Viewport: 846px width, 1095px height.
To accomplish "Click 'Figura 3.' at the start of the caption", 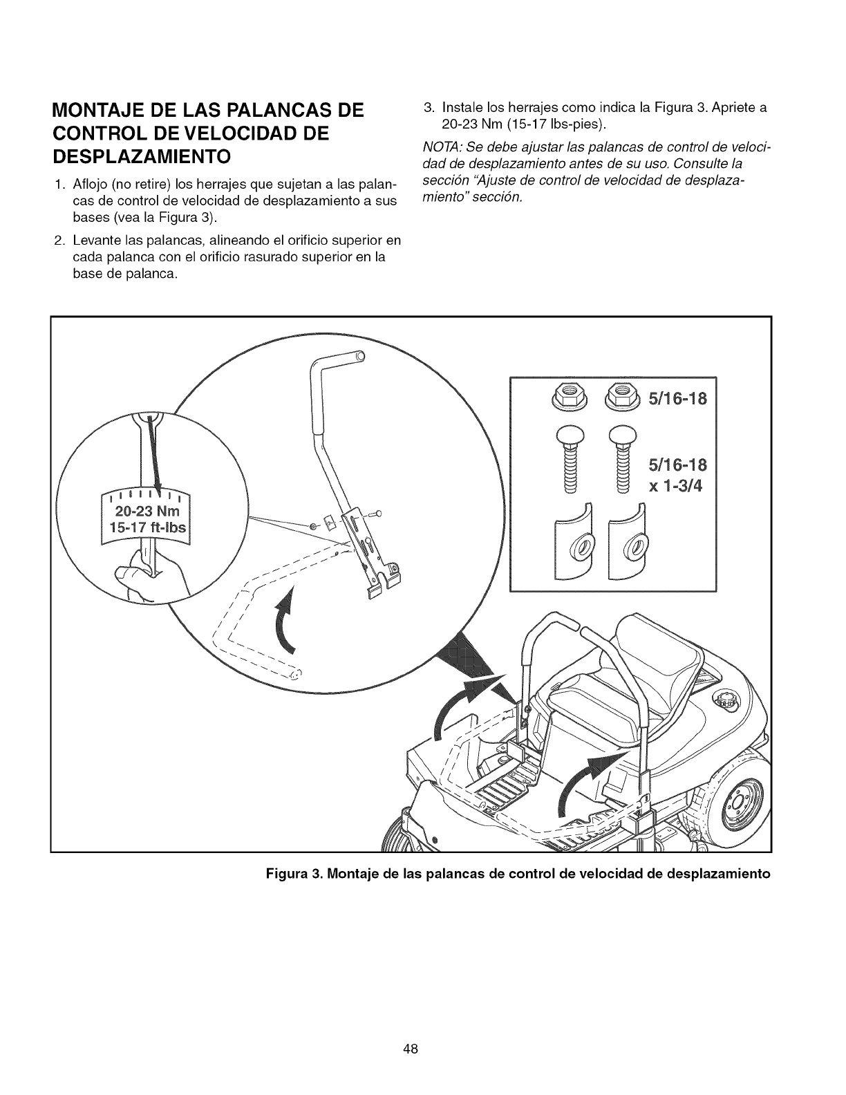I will (x=292, y=873).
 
